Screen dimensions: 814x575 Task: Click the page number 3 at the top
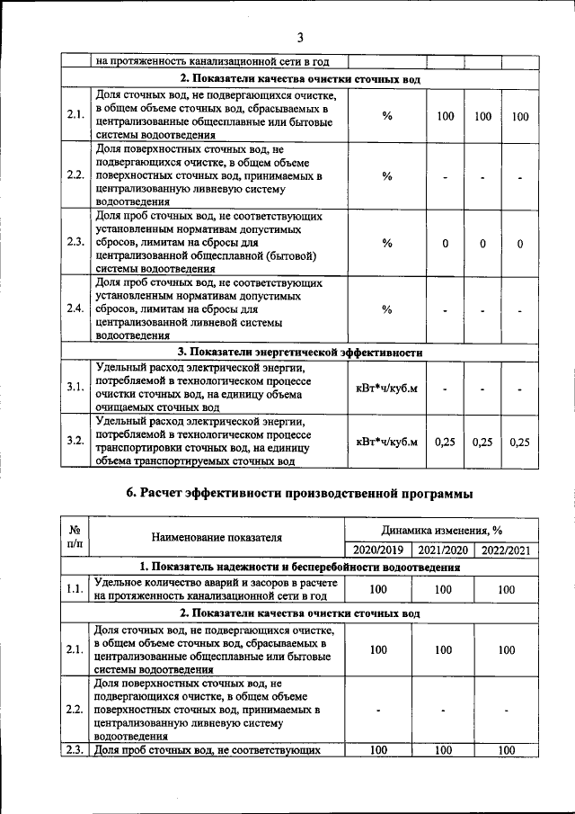[300, 37]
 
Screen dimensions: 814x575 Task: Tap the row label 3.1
[75, 386]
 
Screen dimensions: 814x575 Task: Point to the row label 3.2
[75, 441]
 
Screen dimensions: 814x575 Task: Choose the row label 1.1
[75, 589]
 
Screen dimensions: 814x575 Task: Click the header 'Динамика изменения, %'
[440, 531]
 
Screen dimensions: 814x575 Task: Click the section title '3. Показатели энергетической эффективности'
[299, 352]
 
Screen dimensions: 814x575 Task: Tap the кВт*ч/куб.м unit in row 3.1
[387, 387]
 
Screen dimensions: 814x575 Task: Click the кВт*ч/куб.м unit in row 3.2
[387, 441]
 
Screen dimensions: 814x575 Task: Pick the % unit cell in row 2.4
[387, 309]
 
